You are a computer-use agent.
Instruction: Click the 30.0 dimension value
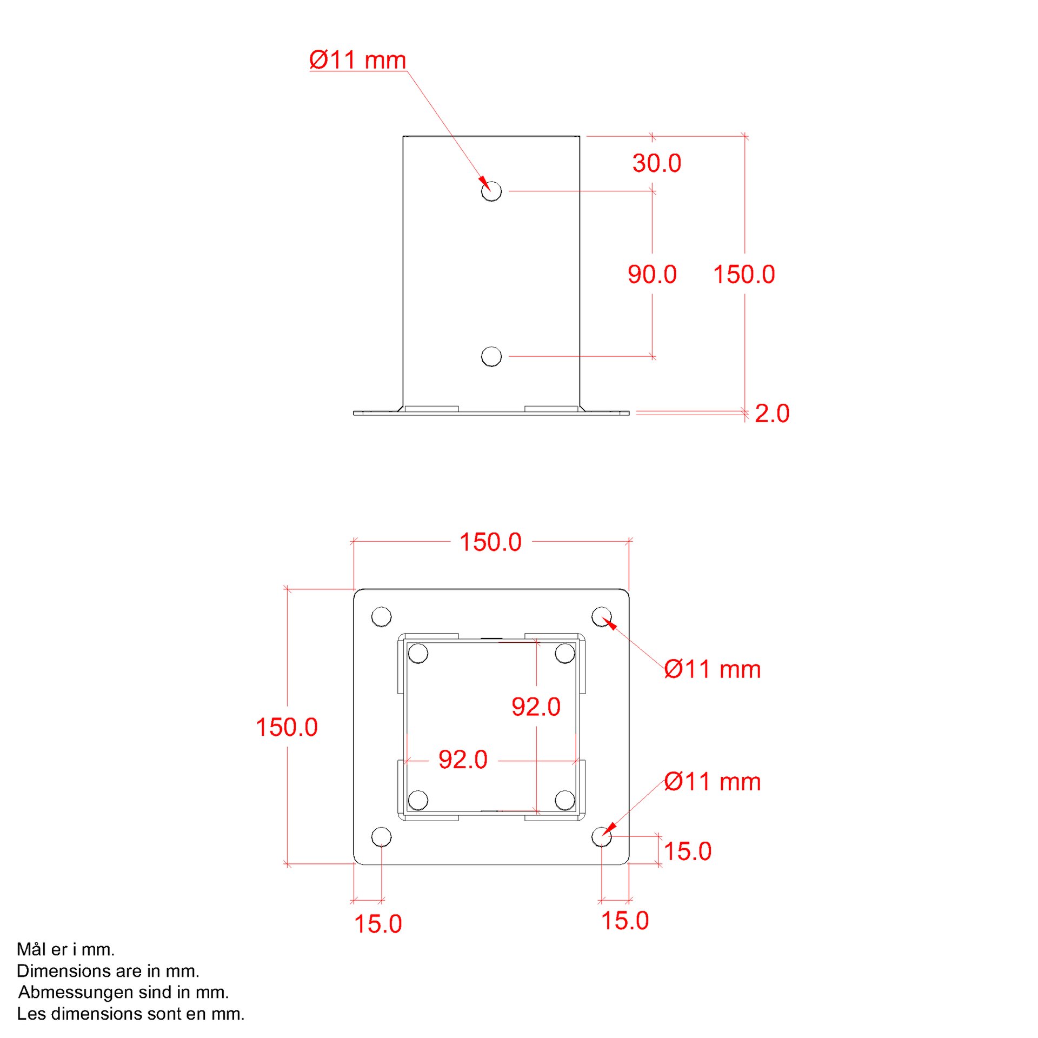click(x=657, y=163)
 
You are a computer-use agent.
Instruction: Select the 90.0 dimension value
click(x=652, y=275)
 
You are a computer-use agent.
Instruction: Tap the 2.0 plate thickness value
click(x=772, y=414)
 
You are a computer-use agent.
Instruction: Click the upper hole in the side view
click(x=491, y=191)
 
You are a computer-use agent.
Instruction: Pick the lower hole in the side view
click(x=491, y=356)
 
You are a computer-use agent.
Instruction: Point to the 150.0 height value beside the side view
click(x=744, y=275)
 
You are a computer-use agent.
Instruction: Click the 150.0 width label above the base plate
click(x=490, y=542)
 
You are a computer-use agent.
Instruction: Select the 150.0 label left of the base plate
click(x=287, y=727)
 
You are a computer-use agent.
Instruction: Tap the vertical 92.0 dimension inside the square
click(x=536, y=707)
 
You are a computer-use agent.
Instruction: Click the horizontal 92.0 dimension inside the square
click(x=463, y=760)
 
